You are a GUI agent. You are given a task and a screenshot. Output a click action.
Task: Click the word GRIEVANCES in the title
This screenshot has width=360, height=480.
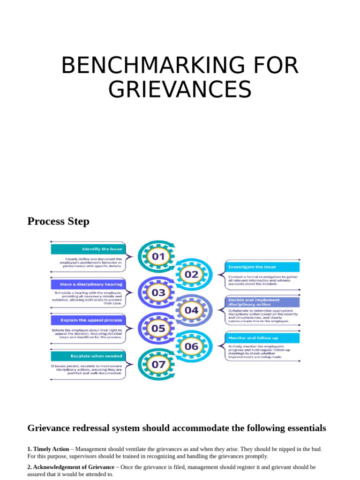coord(180,90)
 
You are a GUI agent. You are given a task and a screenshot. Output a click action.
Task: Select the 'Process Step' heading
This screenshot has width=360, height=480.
coord(58,221)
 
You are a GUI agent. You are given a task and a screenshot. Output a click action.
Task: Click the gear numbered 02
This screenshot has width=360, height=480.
coord(191,275)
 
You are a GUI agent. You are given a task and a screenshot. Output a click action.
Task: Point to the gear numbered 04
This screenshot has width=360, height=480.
coord(191,310)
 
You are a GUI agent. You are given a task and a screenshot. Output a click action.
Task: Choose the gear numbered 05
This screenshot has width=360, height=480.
coord(158,328)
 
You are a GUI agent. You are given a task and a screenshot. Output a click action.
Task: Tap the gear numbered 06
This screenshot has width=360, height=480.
coord(191,346)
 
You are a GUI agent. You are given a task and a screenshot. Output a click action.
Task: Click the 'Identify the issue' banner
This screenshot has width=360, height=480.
coord(88,249)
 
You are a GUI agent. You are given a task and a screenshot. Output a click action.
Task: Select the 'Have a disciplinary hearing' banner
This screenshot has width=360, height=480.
coord(88,284)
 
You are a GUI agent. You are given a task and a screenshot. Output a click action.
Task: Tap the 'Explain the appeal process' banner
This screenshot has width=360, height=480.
coord(88,320)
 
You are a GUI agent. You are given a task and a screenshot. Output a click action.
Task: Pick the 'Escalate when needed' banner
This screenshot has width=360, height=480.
coord(88,356)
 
